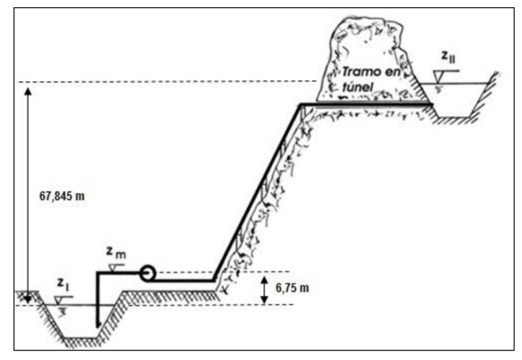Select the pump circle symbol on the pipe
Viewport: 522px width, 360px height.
pyautogui.click(x=149, y=274)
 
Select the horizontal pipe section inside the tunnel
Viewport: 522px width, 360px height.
pyautogui.click(x=366, y=104)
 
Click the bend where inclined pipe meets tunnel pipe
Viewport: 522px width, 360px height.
pyautogui.click(x=301, y=105)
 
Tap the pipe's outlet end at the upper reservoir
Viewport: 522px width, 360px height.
pyautogui.click(x=429, y=104)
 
